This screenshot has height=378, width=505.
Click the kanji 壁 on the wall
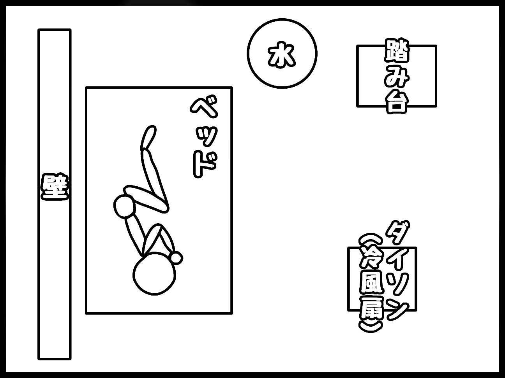pyautogui.click(x=55, y=187)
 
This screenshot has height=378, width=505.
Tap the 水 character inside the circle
pyautogui.click(x=282, y=55)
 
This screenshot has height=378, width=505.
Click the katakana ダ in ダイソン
pyautogui.click(x=397, y=232)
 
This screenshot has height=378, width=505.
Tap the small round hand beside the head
pyautogui.click(x=176, y=257)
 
